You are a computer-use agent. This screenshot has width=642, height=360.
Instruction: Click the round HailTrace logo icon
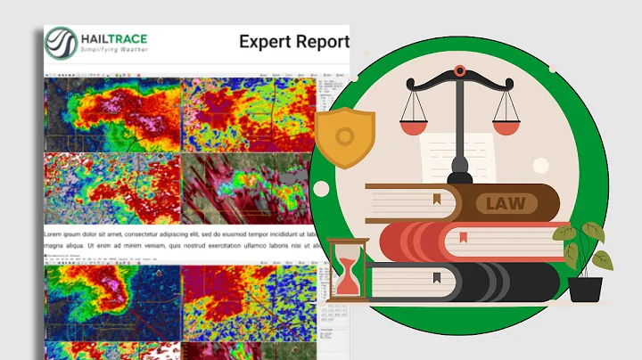click(x=63, y=42)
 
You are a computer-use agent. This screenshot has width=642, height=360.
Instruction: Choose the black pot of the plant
click(x=585, y=288)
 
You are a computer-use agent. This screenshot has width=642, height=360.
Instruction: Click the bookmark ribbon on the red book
click(x=464, y=238)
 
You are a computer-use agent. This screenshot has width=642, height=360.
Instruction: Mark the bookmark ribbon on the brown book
click(x=436, y=198)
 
